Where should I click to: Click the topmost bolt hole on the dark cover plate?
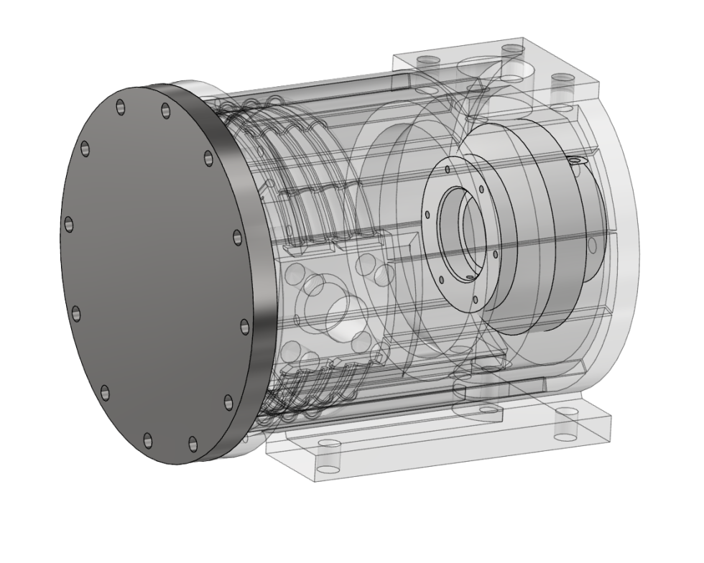121,105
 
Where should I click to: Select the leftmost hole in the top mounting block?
430,60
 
